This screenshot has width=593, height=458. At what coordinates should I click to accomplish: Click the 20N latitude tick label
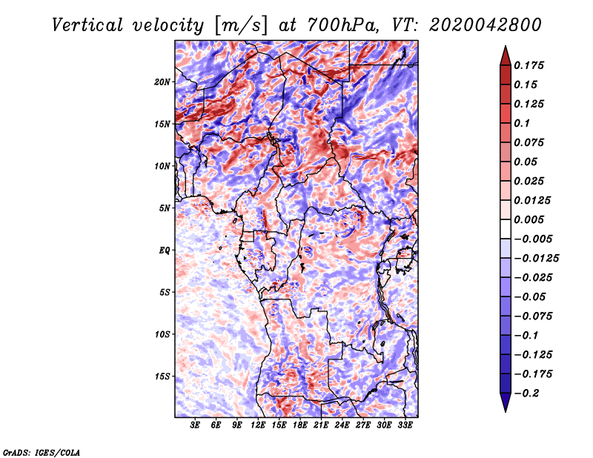pyautogui.click(x=162, y=82)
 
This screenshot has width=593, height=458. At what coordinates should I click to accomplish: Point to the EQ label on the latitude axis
pyautogui.click(x=164, y=250)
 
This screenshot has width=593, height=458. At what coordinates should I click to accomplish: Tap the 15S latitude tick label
pyautogui.click(x=162, y=376)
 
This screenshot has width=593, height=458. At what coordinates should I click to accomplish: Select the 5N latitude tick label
pyautogui.click(x=165, y=208)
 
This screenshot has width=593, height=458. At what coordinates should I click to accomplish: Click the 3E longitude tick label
pyautogui.click(x=195, y=425)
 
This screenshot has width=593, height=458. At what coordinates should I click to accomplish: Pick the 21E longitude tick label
pyautogui.click(x=321, y=425)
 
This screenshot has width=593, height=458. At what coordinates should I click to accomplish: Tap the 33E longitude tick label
pyautogui.click(x=405, y=425)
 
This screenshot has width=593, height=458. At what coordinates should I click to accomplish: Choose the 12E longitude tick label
pyautogui.click(x=257, y=425)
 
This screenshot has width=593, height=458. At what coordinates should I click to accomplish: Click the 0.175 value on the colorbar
pyautogui.click(x=529, y=65)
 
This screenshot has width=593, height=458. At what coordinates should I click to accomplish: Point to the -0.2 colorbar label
pyautogui.click(x=526, y=394)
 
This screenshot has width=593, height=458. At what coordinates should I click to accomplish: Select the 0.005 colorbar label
pyautogui.click(x=529, y=219)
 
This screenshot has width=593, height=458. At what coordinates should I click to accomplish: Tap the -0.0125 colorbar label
pyautogui.click(x=537, y=259)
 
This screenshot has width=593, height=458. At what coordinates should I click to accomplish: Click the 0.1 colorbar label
pyautogui.click(x=522, y=123)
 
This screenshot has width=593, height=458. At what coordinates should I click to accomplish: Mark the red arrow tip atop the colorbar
pyautogui.click(x=506, y=46)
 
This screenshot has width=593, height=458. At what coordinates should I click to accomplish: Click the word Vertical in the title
pyautogui.click(x=87, y=25)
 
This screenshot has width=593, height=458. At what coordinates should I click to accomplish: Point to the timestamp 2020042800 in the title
pyautogui.click(x=486, y=25)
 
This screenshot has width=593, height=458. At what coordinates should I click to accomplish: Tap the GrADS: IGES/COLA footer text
pyautogui.click(x=42, y=453)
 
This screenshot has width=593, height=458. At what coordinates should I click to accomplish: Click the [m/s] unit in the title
pyautogui.click(x=240, y=26)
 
